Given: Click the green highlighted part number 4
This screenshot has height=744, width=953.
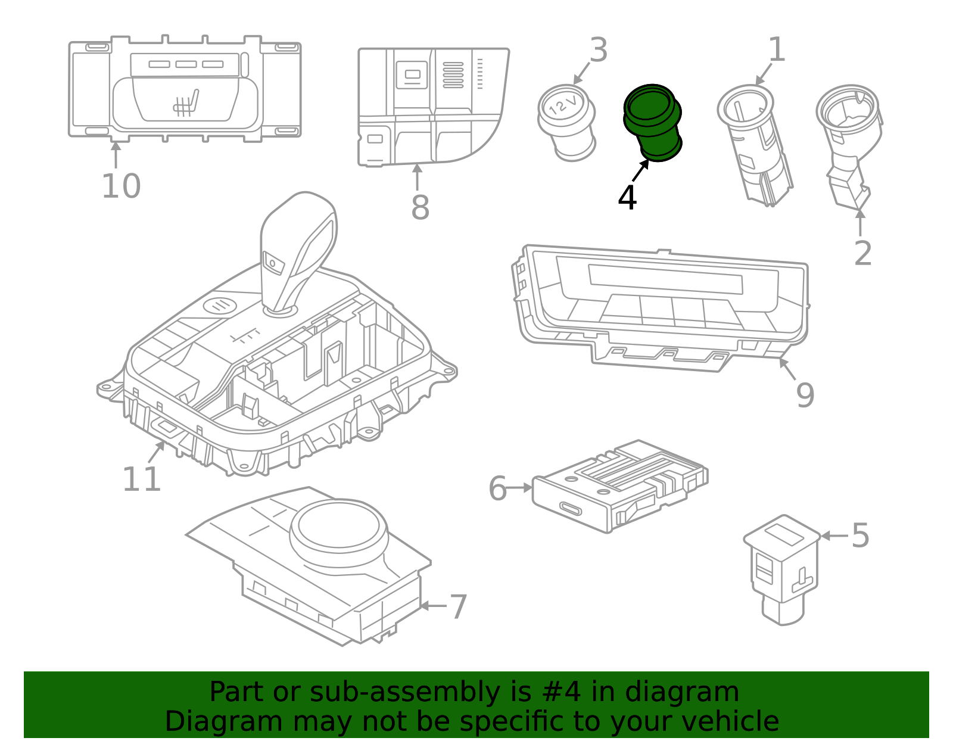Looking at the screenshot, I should [653, 122].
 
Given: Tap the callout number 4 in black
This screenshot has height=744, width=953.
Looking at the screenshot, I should [627, 198].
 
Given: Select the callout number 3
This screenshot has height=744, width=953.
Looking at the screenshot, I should [598, 50].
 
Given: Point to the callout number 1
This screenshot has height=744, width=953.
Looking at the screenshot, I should [776, 50].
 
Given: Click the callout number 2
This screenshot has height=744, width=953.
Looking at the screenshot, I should [862, 254].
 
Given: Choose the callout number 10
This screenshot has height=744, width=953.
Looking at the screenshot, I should [121, 186].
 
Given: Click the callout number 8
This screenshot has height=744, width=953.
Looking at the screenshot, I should [420, 208].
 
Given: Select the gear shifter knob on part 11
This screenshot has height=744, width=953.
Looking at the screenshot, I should [298, 244].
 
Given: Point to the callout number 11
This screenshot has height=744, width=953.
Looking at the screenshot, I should [141, 480].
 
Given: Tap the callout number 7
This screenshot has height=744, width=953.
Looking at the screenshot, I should [457, 607].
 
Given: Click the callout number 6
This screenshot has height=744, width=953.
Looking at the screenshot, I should [497, 488].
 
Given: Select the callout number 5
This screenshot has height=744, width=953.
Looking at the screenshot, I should [860, 536].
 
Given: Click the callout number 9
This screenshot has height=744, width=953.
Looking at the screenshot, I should [805, 395].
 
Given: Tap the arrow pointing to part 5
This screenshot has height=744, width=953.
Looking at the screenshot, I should [833, 536].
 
